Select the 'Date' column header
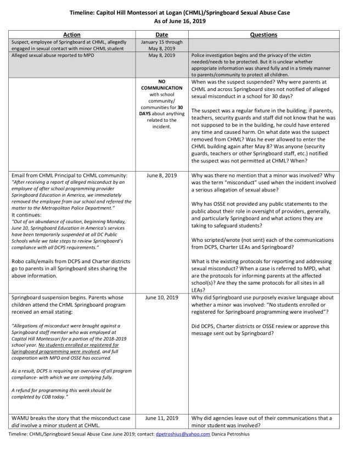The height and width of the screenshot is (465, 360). pos(162,35)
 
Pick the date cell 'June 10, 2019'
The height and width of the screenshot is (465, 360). pos(162,298)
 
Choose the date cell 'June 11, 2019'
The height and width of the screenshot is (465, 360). pos(162,418)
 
